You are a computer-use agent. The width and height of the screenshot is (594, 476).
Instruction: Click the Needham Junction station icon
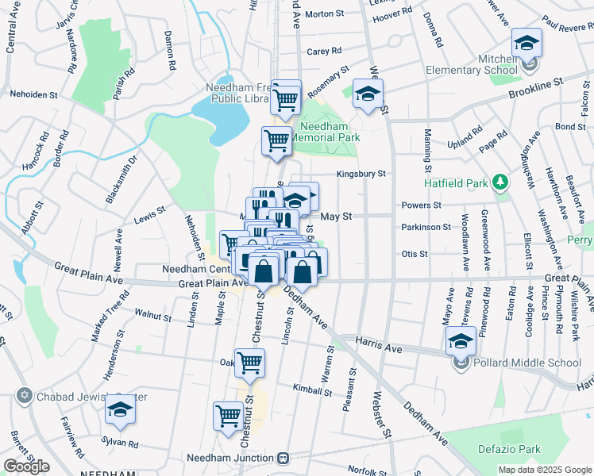283,458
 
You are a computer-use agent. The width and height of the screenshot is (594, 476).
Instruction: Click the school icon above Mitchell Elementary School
526,43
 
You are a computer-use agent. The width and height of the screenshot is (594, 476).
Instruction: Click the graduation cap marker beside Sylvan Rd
120,409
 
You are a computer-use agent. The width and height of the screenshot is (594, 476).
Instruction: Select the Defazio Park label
509,449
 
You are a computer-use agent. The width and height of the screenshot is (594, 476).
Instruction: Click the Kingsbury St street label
361,173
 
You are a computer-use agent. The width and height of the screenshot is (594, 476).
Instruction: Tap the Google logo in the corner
26,466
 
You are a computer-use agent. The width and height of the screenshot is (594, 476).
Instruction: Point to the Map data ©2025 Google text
544,470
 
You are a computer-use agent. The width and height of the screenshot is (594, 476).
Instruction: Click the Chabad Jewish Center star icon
24,395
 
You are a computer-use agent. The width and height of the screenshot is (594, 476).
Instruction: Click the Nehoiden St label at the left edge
33,94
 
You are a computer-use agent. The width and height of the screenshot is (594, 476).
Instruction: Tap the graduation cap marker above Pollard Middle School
461,342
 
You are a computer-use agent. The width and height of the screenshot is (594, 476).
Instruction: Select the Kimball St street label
312,390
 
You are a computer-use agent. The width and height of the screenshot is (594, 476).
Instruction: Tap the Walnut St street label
152,317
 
